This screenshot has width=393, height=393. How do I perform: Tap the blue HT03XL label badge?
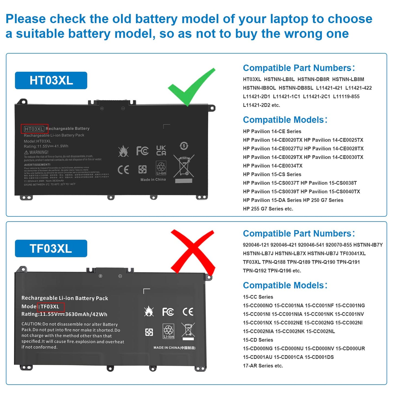point(51,81)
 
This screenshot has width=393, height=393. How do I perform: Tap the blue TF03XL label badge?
point(51,249)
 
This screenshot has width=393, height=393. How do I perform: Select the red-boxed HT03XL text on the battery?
point(34,129)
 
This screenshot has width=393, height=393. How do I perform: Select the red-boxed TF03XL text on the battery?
point(51,307)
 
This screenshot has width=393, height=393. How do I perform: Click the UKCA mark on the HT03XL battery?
point(161,150)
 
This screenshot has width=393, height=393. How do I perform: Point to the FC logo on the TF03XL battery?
point(168,312)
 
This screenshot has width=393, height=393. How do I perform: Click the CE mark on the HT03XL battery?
point(123,170)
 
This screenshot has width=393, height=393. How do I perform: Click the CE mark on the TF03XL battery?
point(188,312)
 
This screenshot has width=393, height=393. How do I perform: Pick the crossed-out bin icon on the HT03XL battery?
point(184,166)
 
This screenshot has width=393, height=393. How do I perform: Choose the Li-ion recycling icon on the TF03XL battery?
point(168,331)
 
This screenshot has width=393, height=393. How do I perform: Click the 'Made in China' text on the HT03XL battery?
point(153,180)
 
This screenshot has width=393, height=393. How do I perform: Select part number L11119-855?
point(346,97)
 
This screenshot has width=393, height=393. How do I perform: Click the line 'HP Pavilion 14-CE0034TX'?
point(273,166)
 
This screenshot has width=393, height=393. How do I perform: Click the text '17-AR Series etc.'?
point(263,366)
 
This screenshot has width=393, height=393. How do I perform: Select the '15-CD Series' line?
point(258,340)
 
